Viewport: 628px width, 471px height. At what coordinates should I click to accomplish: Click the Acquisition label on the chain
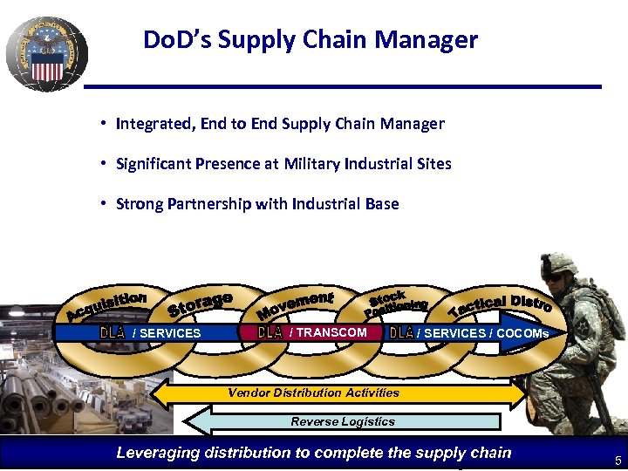106,305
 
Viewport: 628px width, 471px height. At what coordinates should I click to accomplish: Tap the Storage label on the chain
200,305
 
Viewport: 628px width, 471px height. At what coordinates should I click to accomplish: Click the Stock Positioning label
396,303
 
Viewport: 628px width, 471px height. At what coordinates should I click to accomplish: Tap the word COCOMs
522,333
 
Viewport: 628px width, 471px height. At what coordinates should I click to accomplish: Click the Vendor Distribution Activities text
313,392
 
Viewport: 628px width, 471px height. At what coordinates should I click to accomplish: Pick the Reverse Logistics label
343,421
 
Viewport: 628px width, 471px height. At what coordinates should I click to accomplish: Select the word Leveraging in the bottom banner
156,452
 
